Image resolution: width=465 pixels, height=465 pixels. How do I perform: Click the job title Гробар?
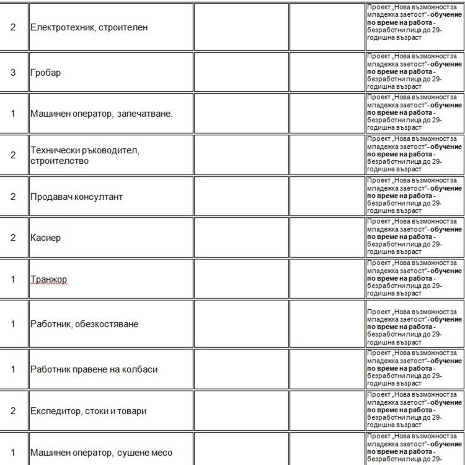point(45,73)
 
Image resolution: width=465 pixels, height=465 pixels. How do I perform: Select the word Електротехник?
point(59,28)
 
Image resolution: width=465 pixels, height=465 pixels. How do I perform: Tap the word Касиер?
point(45,238)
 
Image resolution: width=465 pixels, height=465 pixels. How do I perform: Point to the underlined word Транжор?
point(48,279)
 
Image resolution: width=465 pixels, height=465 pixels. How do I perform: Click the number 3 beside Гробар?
point(13,73)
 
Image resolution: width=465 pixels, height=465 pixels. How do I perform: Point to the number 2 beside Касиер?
point(13,238)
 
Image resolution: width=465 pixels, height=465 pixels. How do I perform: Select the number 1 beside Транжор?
point(13,279)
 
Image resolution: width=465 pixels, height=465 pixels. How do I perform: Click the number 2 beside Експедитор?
point(13,411)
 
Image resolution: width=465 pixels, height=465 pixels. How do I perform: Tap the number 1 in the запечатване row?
point(13,114)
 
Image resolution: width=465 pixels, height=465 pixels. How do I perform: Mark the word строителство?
point(59,161)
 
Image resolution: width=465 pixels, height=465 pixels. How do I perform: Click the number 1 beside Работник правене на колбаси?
point(13,369)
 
